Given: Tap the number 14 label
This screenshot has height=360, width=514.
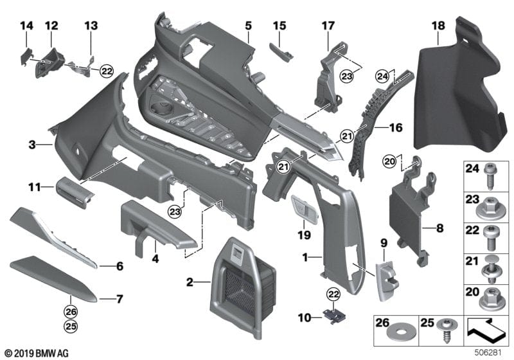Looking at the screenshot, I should click(26, 26).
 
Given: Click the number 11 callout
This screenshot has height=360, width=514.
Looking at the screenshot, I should click(32, 187).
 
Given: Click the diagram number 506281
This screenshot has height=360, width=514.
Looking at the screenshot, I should click(494, 352).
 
